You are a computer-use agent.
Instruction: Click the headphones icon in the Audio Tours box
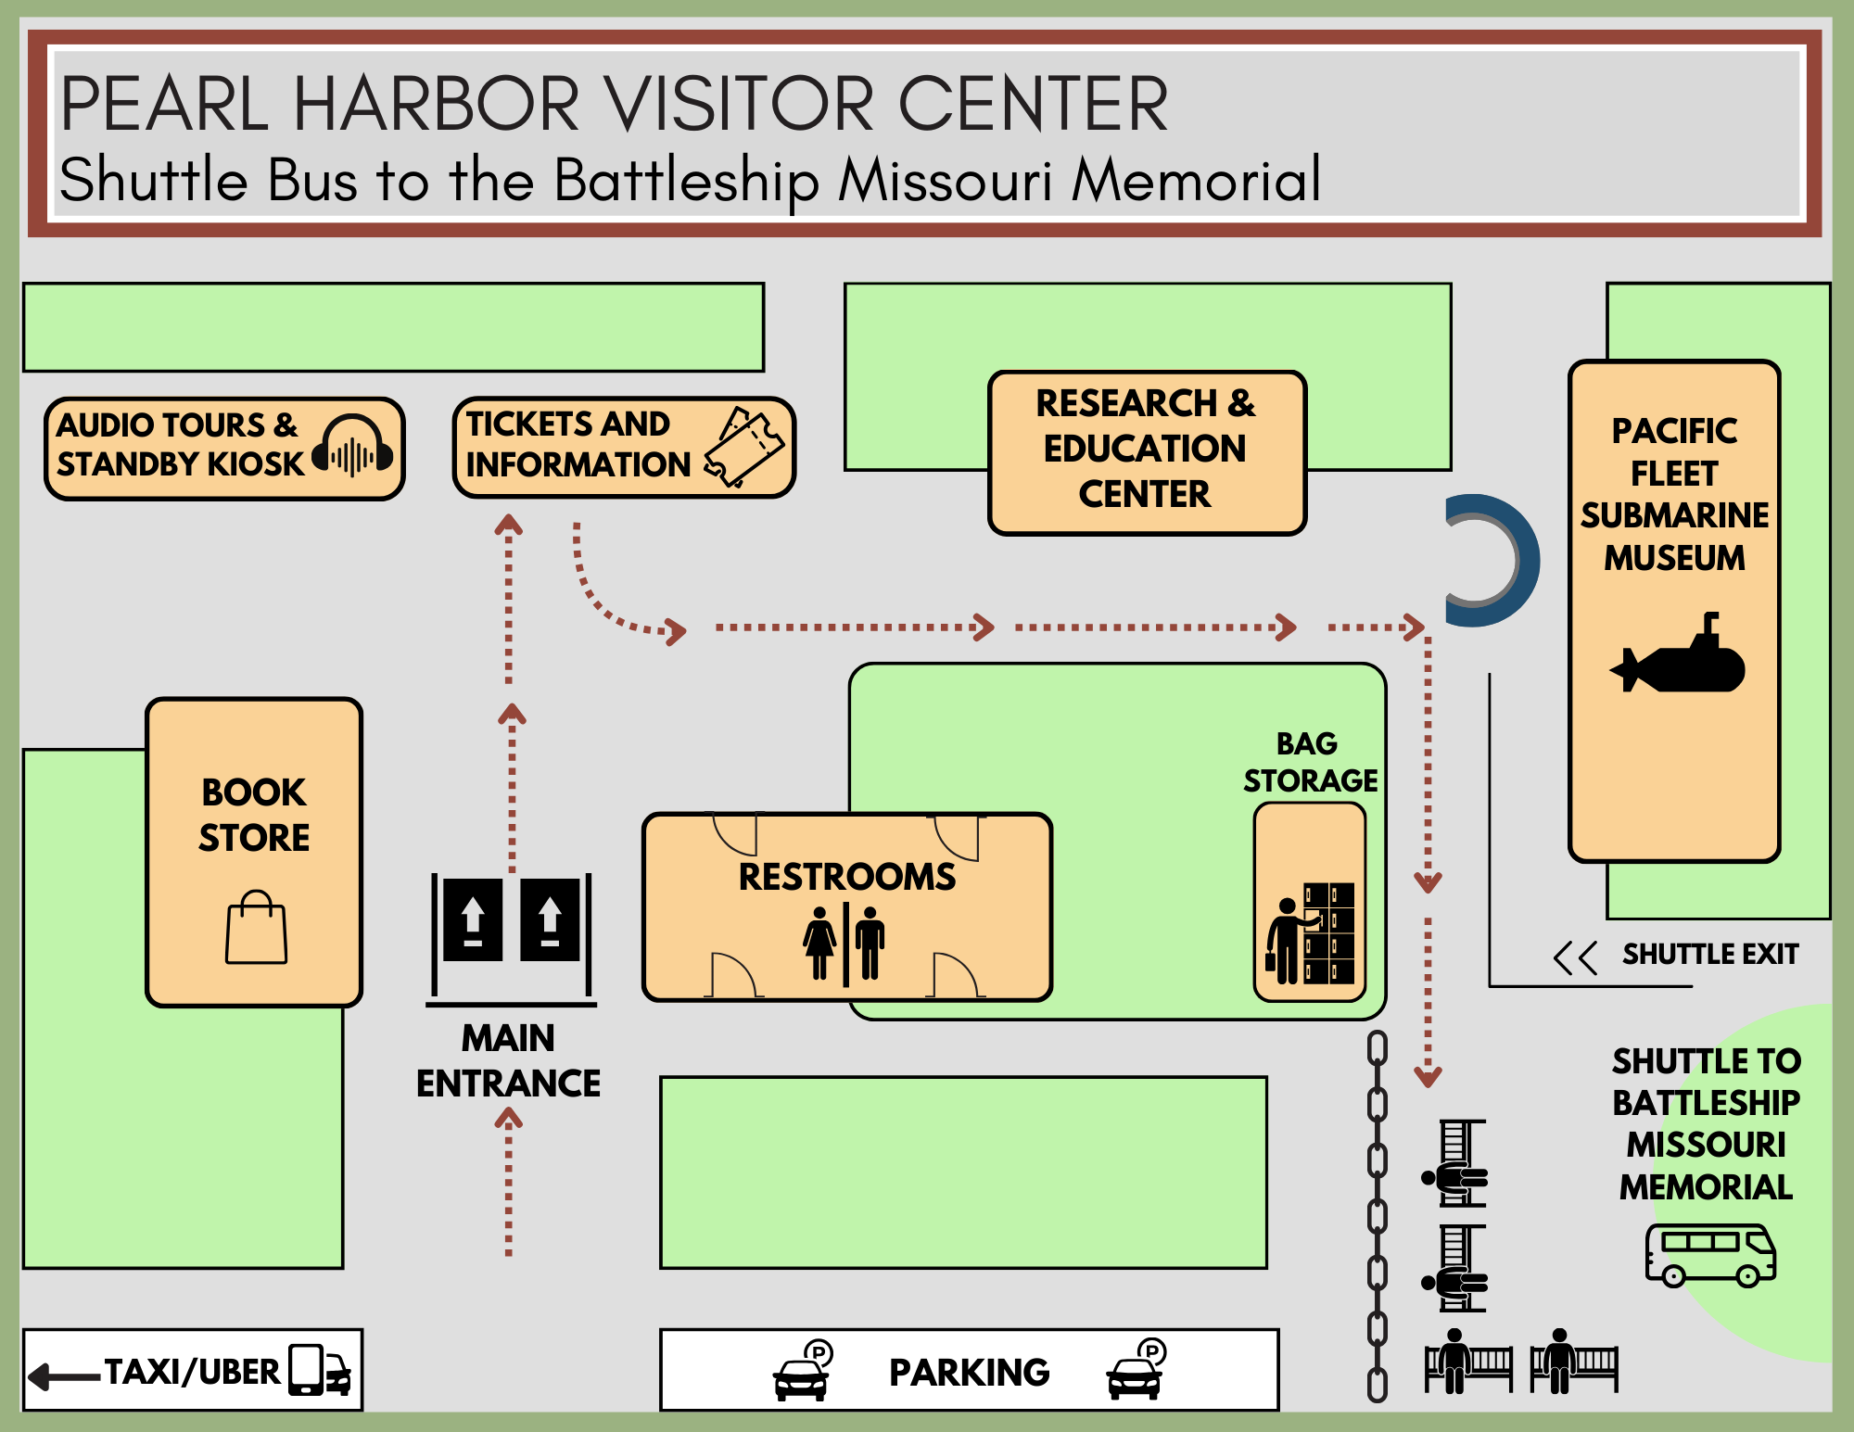tap(353, 448)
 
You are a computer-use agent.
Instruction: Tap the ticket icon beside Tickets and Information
tap(744, 447)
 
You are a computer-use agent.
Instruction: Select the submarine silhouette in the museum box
tap(1679, 657)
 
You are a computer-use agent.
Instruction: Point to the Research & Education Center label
tap(1146, 449)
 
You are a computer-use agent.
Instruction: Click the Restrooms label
tap(846, 877)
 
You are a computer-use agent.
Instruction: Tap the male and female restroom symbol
tap(844, 943)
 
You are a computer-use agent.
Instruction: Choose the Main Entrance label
tap(508, 1060)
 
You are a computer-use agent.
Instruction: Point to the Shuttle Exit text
tap(1709, 954)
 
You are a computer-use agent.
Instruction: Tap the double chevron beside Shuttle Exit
tap(1575, 957)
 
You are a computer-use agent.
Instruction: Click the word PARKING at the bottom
tap(969, 1373)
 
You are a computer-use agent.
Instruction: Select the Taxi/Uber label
tap(192, 1372)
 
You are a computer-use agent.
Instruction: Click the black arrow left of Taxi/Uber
tap(64, 1376)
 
